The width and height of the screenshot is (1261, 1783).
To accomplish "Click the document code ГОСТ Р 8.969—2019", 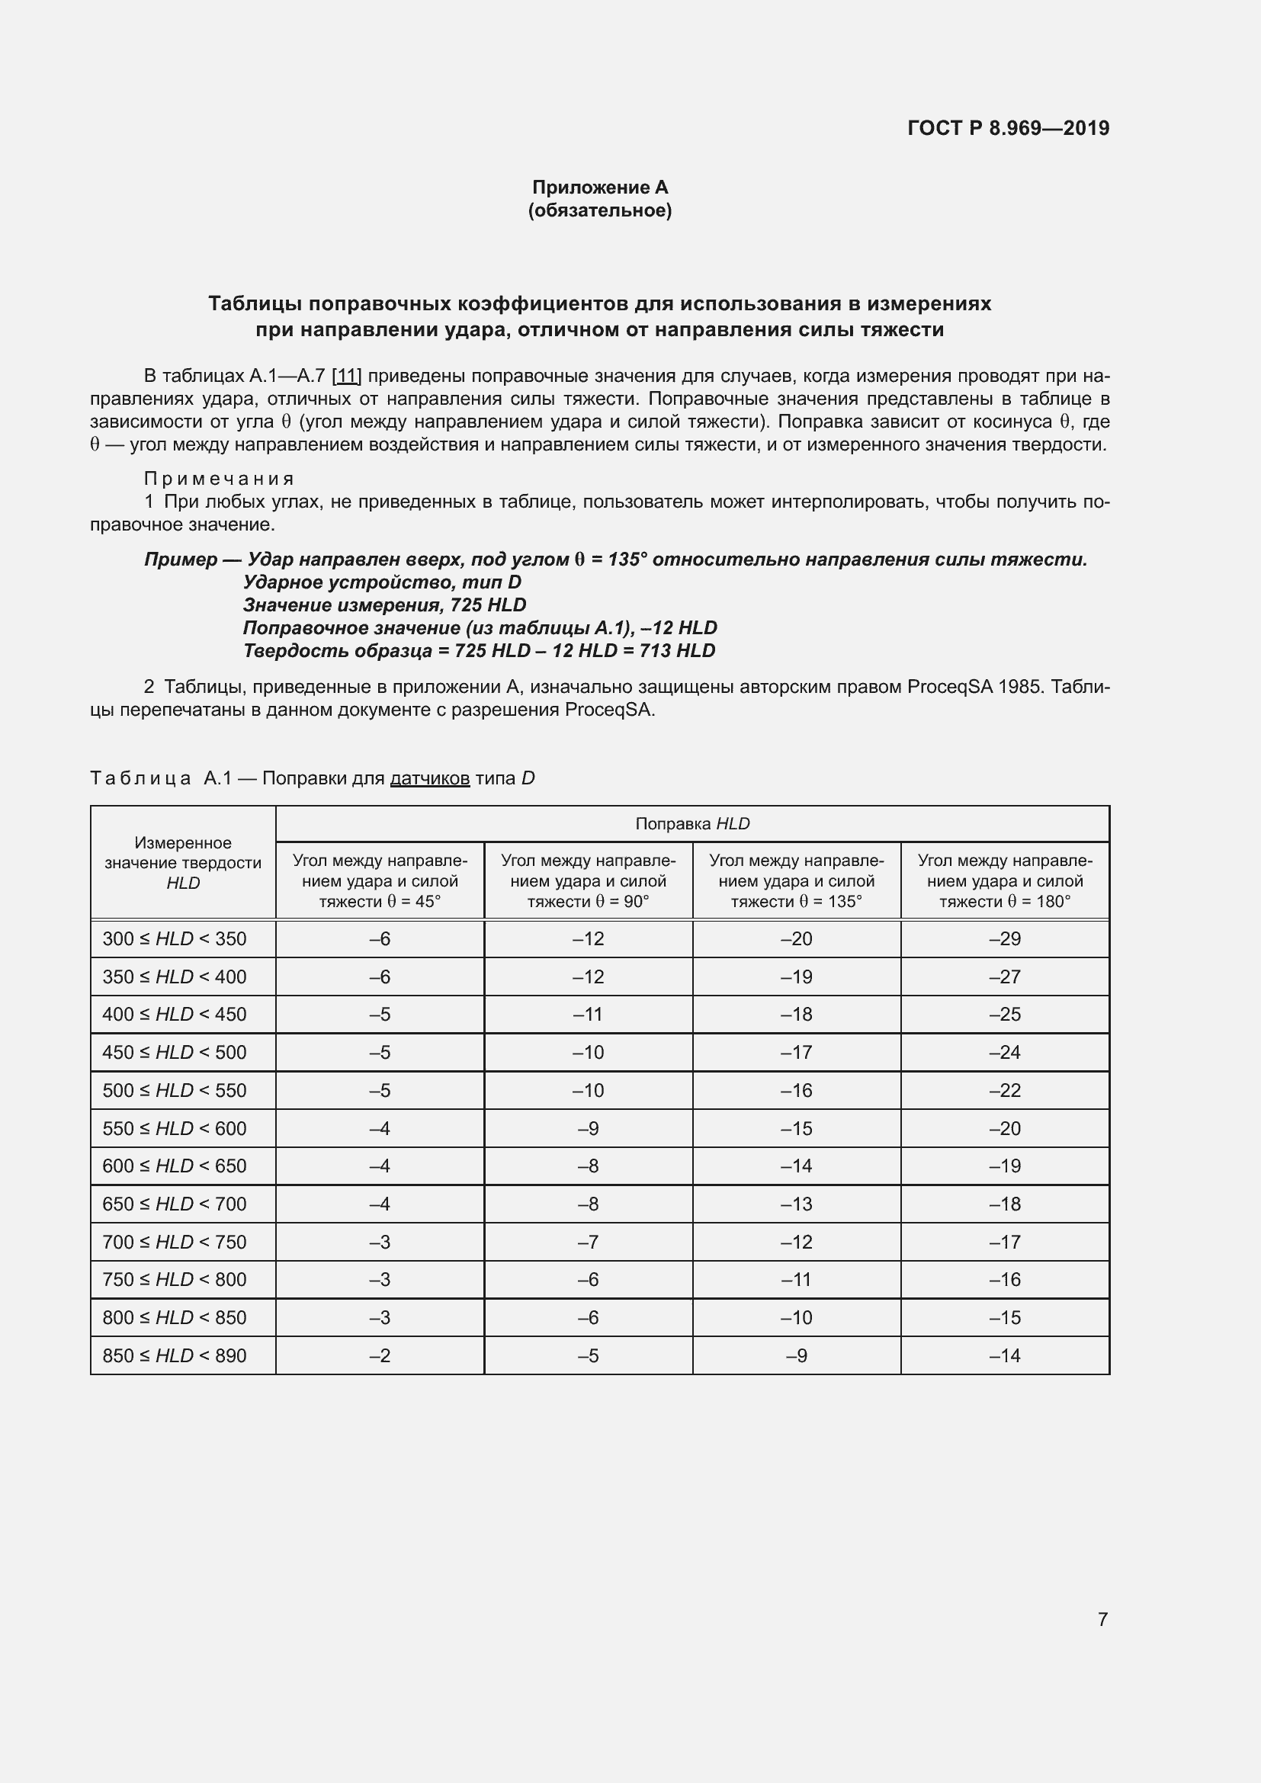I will coord(1008,128).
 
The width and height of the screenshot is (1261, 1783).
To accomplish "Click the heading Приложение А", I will coord(599,188).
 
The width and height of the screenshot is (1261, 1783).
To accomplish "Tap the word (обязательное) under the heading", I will coord(599,210).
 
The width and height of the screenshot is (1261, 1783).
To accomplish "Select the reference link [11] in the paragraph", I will coord(346,377).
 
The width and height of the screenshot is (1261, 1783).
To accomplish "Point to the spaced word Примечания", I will coord(219,479).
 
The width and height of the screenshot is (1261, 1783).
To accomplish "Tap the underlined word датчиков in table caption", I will coord(429,778).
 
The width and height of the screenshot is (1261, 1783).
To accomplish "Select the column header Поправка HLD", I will coord(691,824).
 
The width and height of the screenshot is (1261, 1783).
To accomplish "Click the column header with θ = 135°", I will coord(796,880).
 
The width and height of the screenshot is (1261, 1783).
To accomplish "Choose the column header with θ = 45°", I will coord(380,880).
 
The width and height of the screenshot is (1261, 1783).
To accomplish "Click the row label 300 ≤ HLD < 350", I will coord(175,939).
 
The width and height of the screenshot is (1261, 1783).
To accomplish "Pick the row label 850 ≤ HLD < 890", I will coord(175,1356).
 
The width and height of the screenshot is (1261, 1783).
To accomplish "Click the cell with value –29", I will coord(1005,939).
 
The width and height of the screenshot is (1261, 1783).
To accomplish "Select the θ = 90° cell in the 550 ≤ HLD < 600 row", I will coord(588,1128).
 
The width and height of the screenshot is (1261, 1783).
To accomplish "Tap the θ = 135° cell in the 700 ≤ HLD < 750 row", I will coord(796,1243).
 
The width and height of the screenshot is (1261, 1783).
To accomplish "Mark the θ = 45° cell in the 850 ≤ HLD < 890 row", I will coord(380,1356).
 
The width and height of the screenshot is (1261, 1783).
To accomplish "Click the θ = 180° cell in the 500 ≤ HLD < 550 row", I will coord(1005,1090).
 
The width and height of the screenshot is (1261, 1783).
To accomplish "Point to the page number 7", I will coord(1102,1619).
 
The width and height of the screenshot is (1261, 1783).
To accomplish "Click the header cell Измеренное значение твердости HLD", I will coord(183,863).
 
